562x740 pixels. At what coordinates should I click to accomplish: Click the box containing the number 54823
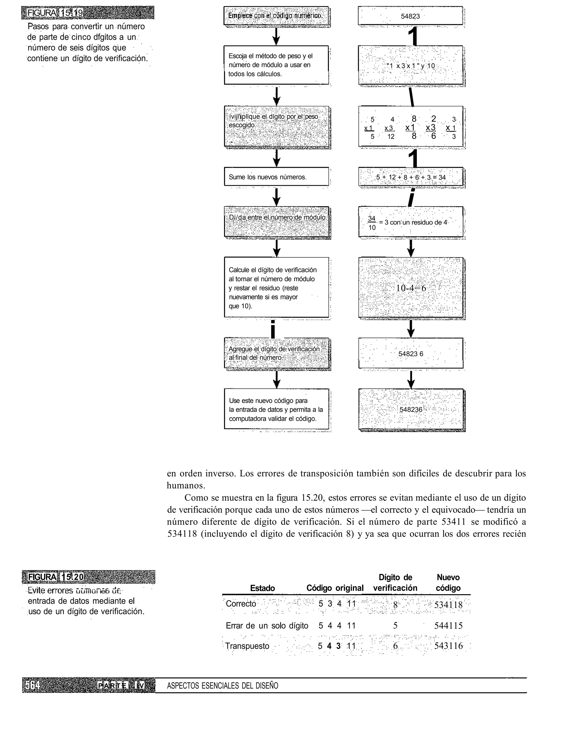[x=410, y=16]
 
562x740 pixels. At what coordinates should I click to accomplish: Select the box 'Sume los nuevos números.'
[x=276, y=177]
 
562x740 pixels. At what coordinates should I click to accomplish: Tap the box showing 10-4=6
[x=411, y=288]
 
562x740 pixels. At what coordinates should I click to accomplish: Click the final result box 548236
[x=411, y=410]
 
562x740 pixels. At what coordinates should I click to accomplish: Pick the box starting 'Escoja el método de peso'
[x=276, y=65]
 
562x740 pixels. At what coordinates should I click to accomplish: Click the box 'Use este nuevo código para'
[x=276, y=409]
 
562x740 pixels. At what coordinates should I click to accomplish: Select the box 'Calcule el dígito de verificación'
[x=276, y=288]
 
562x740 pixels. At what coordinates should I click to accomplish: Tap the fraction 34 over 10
[x=372, y=223]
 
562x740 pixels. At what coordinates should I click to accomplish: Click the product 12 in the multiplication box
[x=391, y=137]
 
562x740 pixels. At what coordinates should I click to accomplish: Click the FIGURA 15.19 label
[x=55, y=13]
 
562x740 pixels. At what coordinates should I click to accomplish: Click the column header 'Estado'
[x=263, y=588]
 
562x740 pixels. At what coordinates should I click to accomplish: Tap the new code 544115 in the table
[x=448, y=626]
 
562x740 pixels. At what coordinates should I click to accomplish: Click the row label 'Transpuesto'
[x=247, y=646]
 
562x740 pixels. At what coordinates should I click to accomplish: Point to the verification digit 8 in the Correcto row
[x=395, y=605]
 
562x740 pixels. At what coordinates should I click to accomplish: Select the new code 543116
[x=448, y=646]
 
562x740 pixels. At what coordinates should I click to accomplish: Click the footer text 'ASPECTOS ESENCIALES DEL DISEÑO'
[x=223, y=686]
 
